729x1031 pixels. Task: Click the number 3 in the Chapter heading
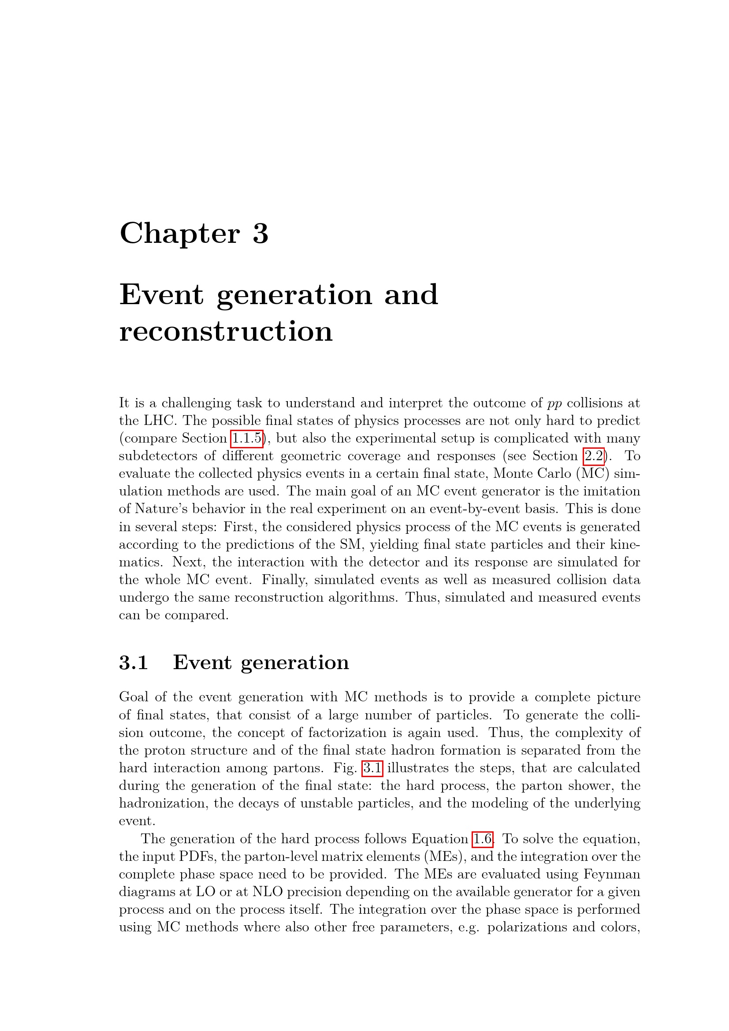pos(260,234)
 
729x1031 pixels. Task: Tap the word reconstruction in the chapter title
pos(226,331)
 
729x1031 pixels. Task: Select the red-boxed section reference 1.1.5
pos(246,438)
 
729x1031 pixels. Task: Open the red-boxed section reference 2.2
pos(593,456)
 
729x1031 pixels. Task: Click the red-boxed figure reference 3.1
pos(372,768)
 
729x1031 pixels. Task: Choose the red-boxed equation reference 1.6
pos(483,839)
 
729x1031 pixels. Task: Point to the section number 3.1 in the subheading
pos(133,663)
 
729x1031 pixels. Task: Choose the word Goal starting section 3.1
pos(133,697)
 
